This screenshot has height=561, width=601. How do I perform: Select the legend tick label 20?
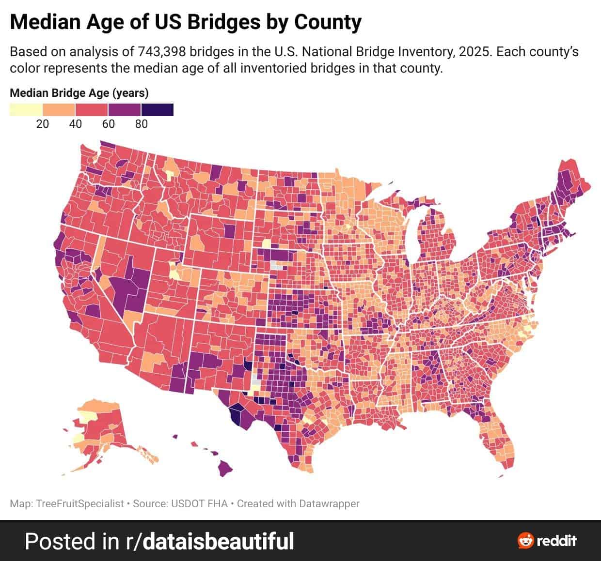click(x=43, y=124)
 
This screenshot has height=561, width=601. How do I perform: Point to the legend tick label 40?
click(x=76, y=124)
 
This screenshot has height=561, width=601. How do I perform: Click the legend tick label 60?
click(x=109, y=124)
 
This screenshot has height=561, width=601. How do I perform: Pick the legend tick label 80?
click(x=142, y=124)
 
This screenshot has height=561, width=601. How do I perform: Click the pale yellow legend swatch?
click(x=26, y=110)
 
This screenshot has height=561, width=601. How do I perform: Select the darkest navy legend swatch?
click(x=157, y=110)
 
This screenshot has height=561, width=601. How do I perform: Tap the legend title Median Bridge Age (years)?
click(x=79, y=93)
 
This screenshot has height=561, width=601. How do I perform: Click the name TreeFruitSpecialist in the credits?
click(x=80, y=504)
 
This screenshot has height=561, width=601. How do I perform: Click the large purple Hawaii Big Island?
click(x=224, y=468)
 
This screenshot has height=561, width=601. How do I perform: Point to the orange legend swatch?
click(x=59, y=110)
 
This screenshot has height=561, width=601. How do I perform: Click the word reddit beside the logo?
click(x=557, y=540)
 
